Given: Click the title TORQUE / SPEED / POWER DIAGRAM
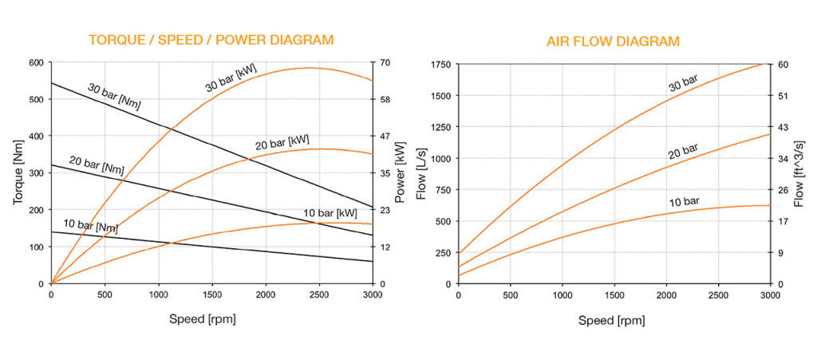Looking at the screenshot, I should pyautogui.click(x=211, y=40).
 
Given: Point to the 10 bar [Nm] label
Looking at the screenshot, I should pyautogui.click(x=91, y=226).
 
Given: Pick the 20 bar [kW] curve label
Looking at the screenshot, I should pyautogui.click(x=283, y=144).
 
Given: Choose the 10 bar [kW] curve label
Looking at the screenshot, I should pyautogui.click(x=330, y=213).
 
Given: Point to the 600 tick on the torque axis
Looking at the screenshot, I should pyautogui.click(x=37, y=63).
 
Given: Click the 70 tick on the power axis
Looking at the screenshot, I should pyautogui.click(x=385, y=63).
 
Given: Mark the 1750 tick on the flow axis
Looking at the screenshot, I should pyautogui.click(x=440, y=64).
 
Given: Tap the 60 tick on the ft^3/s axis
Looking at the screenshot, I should pyautogui.click(x=783, y=64).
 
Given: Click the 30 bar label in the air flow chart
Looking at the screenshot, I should pyautogui.click(x=683, y=82).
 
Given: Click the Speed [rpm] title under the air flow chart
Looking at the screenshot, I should pyautogui.click(x=612, y=320).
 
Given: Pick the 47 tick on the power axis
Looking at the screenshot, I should pyautogui.click(x=385, y=137).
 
